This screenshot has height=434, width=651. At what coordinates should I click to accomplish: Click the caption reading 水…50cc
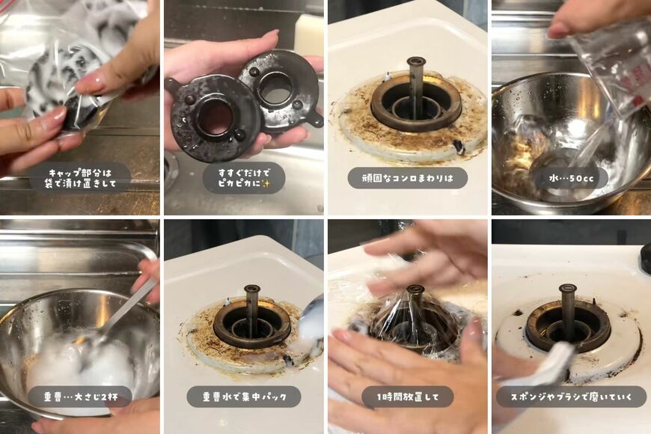[571, 178]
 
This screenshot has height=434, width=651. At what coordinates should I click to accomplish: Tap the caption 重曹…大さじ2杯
[81, 397]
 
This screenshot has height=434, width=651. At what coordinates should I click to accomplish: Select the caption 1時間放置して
[408, 397]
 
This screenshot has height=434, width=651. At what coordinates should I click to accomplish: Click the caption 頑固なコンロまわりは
[408, 178]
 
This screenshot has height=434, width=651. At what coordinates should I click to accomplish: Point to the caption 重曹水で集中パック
[245, 397]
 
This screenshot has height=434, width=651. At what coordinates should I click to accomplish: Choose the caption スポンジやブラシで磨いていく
[571, 397]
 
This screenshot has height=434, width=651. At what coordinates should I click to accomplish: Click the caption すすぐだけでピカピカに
[245, 178]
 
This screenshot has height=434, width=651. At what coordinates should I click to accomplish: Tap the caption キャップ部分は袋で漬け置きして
[81, 178]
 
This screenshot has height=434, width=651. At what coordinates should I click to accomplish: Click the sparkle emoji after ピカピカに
[266, 183]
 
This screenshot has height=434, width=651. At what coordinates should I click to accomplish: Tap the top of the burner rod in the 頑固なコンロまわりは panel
[416, 62]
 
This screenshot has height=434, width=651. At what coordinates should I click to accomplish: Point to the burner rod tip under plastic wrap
[415, 289]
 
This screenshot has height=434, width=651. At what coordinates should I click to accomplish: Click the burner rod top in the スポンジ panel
[567, 289]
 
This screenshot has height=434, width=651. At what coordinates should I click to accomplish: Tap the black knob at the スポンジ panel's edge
[646, 258]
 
